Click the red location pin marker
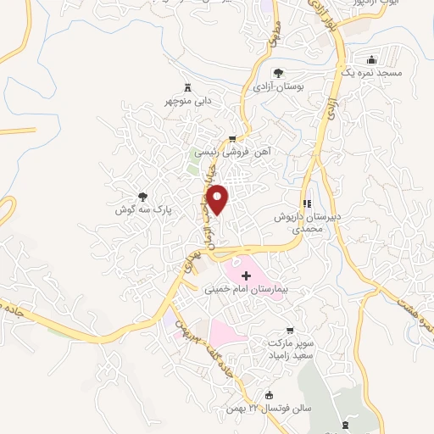tap(218, 198)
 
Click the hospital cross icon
tap(247, 275)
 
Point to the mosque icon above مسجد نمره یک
tap(372, 59)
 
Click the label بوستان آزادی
tap(278, 87)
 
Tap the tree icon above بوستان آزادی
tap(278, 73)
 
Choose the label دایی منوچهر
tap(187, 101)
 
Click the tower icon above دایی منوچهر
tap(187, 86)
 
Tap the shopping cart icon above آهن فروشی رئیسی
tap(233, 138)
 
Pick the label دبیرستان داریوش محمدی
tap(307, 223)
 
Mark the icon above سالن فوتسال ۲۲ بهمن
tap(270, 394)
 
